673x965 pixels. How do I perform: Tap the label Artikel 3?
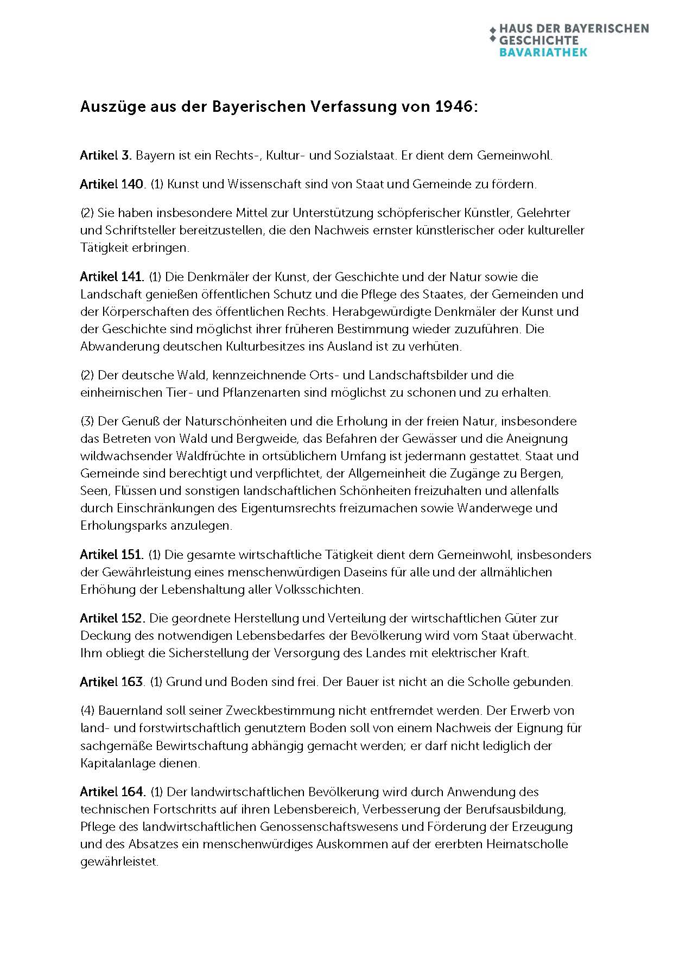tap(106, 155)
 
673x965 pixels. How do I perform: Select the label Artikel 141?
tap(112, 277)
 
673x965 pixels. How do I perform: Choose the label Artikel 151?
tap(112, 555)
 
